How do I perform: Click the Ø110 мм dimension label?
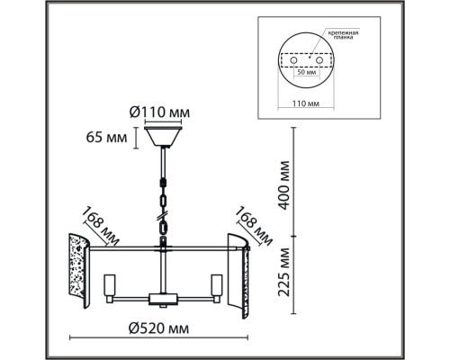(159, 112)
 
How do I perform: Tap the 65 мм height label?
(106, 138)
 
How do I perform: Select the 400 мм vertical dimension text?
(283, 184)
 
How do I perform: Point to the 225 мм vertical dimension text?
(283, 272)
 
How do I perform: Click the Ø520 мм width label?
(158, 328)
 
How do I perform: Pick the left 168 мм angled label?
(101, 225)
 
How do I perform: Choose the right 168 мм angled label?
(254, 226)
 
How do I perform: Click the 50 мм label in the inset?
(306, 72)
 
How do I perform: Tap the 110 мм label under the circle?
(306, 103)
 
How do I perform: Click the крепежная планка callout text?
(343, 35)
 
